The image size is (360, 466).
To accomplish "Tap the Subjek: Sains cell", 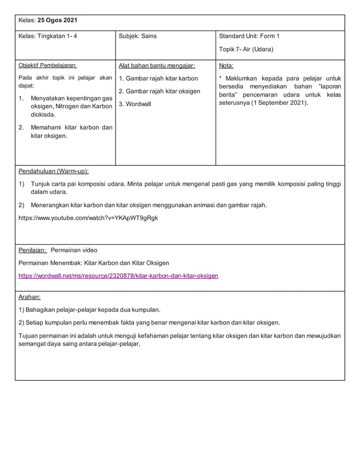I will click(138, 36).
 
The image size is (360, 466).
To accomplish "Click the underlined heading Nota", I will click(226, 65).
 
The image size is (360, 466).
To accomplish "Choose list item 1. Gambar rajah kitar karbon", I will click(159, 78).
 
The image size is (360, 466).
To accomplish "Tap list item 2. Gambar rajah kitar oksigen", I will click(160, 91).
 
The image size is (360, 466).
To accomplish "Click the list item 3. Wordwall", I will click(135, 104).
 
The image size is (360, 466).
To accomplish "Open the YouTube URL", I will click(88, 218).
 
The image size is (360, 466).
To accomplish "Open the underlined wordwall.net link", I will click(118, 276).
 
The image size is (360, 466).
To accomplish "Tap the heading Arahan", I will click(29, 296).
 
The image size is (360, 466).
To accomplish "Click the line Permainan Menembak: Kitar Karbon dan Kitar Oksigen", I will click(94, 263).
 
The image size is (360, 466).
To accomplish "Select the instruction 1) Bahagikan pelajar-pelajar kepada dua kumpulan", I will click(90, 310).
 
